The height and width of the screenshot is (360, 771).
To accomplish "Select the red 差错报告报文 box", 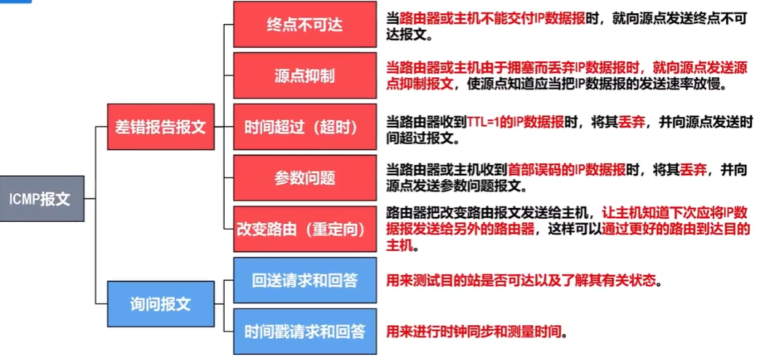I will point(161,127).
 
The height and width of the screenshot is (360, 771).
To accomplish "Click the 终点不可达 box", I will point(304,25).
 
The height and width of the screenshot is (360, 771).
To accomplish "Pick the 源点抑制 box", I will point(304,76).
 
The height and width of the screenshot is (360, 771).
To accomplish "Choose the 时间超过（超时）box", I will point(304,127).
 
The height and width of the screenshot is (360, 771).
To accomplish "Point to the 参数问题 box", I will point(304,177).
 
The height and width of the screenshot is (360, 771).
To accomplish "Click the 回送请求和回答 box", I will point(304,280).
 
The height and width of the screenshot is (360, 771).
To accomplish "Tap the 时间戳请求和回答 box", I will point(304,331).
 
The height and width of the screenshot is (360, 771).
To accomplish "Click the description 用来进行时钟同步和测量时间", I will point(475,332).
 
